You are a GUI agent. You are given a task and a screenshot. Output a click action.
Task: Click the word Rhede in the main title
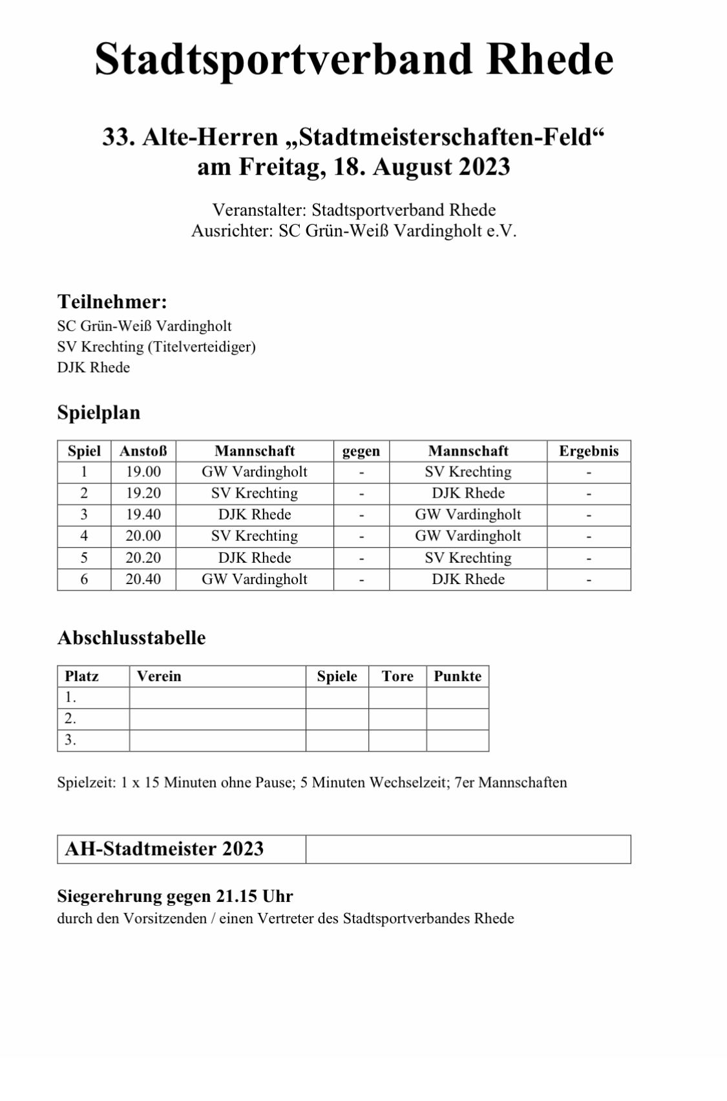click(x=549, y=59)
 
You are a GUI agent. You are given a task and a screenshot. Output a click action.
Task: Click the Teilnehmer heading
click(x=112, y=302)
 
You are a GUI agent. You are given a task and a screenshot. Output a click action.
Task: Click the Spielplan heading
click(x=98, y=413)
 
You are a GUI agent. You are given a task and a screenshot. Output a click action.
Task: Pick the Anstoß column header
click(x=143, y=451)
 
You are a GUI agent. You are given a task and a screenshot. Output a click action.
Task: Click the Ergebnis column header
click(x=589, y=451)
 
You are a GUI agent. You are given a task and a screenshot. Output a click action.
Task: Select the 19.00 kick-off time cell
click(x=143, y=472)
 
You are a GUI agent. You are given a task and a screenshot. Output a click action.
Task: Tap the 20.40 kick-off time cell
click(x=143, y=579)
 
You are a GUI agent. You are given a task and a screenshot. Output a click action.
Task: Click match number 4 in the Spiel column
click(x=84, y=536)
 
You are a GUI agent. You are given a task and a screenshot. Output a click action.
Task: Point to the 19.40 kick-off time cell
click(x=143, y=514)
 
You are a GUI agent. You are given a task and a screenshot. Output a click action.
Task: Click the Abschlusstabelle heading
click(x=131, y=638)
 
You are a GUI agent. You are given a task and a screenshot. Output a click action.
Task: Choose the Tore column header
click(x=397, y=676)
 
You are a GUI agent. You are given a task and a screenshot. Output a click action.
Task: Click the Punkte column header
click(x=458, y=676)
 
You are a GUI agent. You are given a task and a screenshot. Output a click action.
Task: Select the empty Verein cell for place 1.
click(x=217, y=698)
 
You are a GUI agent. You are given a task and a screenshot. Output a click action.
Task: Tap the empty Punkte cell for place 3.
click(x=458, y=740)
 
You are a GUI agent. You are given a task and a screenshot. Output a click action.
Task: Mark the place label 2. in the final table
click(x=70, y=718)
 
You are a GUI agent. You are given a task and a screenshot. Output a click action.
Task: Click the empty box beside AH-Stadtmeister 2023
click(x=468, y=849)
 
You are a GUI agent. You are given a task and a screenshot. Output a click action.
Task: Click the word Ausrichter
click(x=232, y=231)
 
